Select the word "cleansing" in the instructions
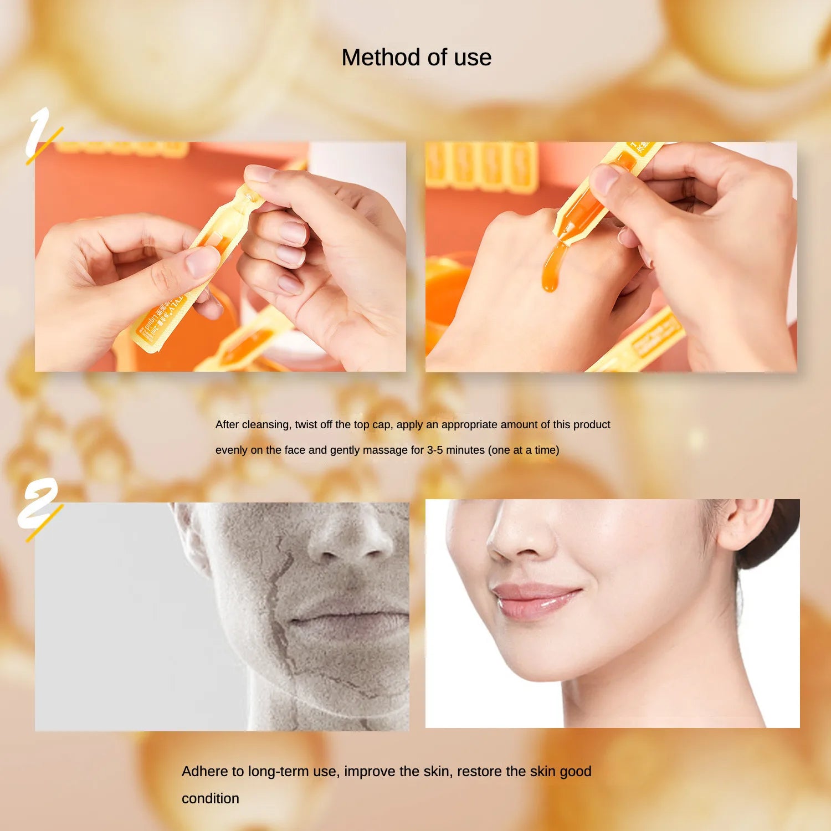tap(266, 425)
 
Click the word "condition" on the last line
tap(211, 798)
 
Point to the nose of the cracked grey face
tap(349, 540)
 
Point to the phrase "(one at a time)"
tap(523, 450)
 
